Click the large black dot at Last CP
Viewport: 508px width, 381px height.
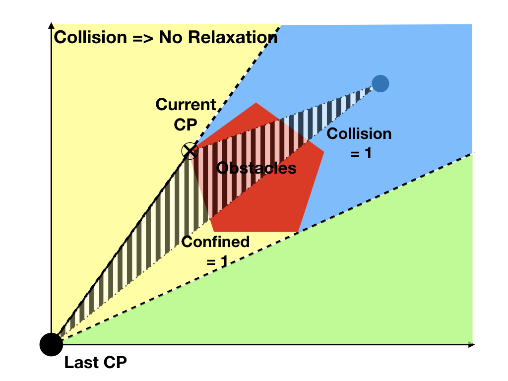pos(51,344)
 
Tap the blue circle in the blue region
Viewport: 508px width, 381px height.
pos(380,83)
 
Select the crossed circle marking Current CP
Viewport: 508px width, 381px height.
pos(190,150)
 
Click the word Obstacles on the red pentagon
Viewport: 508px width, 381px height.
pos(256,168)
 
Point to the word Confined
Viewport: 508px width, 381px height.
pos(215,242)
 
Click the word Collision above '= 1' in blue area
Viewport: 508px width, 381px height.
pos(359,133)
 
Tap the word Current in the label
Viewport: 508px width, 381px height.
pos(186,105)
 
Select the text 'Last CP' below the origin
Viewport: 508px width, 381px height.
pos(95,363)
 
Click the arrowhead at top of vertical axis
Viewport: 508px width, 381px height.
pos(51,25)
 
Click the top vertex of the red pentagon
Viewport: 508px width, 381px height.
pos(256,103)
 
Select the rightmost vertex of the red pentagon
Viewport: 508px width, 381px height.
pos(324,152)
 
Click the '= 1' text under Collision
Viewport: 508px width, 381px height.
pos(361,153)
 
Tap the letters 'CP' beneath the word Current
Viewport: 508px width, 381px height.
pos(186,125)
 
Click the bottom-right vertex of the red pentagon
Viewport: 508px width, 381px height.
pos(298,231)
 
